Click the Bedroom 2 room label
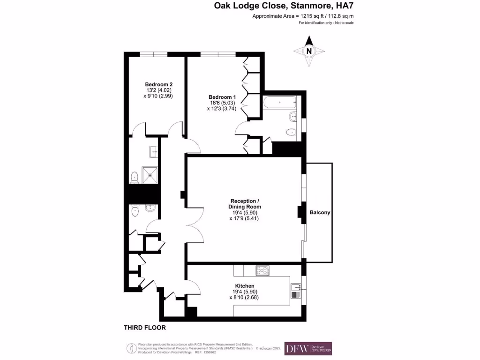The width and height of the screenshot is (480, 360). pyautogui.click(x=155, y=84)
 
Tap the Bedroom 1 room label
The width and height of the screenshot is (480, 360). pyautogui.click(x=222, y=97)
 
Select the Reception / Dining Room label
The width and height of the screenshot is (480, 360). pyautogui.click(x=244, y=204)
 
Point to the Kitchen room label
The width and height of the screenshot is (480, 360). pyautogui.click(x=245, y=286)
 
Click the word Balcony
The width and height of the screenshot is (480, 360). pyautogui.click(x=320, y=212)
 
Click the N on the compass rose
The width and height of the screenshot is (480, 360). pyautogui.click(x=309, y=52)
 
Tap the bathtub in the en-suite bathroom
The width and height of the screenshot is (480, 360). pyautogui.click(x=279, y=102)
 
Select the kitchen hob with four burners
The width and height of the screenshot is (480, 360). pyautogui.click(x=262, y=270)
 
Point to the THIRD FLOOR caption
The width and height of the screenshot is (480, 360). pyautogui.click(x=144, y=328)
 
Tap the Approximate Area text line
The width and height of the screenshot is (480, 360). pyautogui.click(x=303, y=16)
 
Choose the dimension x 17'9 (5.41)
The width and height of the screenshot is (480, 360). pyautogui.click(x=244, y=218)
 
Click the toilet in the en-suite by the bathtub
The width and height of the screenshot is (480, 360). pyautogui.click(x=291, y=132)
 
